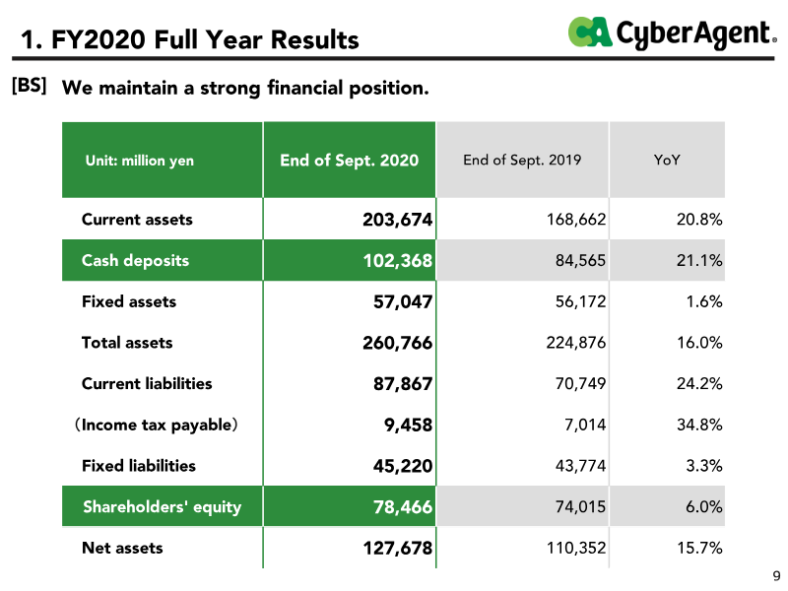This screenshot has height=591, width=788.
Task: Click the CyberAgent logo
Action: (x=673, y=33)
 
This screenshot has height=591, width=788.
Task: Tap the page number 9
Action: (x=776, y=576)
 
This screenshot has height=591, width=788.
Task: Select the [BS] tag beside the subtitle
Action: (x=30, y=86)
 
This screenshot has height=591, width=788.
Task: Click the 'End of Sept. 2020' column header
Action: (x=350, y=160)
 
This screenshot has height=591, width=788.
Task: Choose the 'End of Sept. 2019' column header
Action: (x=522, y=160)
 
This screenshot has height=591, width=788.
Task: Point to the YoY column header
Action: (x=667, y=160)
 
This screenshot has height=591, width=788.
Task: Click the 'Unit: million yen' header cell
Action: (x=139, y=161)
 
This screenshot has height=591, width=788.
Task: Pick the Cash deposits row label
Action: (x=135, y=260)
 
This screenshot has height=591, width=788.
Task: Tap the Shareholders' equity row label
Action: (x=162, y=506)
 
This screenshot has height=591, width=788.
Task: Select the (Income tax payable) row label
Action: (x=156, y=425)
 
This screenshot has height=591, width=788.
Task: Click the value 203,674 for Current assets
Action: (x=398, y=220)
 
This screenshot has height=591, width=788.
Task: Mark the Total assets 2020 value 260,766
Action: (x=398, y=343)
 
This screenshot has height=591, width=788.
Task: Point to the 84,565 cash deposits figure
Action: (x=580, y=260)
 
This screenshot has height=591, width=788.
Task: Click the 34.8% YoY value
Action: (x=699, y=425)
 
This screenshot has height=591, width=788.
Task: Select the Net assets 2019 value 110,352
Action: (x=576, y=548)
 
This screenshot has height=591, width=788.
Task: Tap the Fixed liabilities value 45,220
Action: (x=403, y=466)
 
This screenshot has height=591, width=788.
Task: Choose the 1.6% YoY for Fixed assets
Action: (x=704, y=301)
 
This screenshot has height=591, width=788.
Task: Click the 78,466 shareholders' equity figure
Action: (x=403, y=506)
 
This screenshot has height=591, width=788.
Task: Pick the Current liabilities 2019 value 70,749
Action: (x=580, y=383)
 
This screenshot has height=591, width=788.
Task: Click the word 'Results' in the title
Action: (x=315, y=39)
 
